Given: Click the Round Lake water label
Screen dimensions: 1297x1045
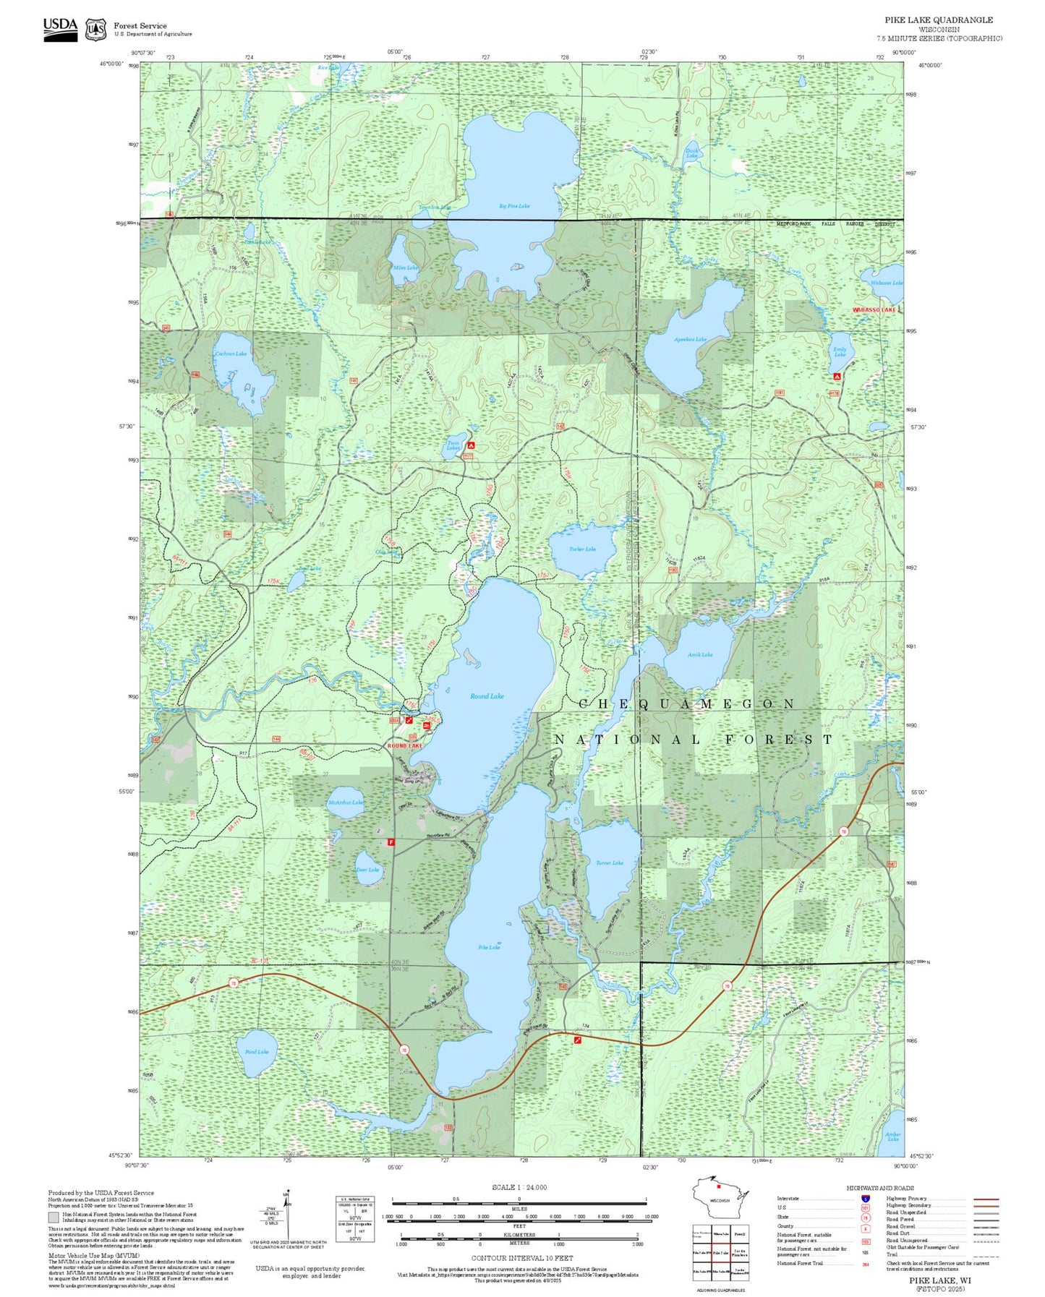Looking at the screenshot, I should (x=487, y=696).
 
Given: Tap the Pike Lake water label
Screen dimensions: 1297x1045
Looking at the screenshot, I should (x=489, y=947).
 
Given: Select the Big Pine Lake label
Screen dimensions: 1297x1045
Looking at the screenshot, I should (x=514, y=206).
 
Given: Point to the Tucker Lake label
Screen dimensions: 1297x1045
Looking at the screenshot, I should (x=582, y=549).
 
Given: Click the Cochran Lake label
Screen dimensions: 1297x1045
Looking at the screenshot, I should (x=231, y=354).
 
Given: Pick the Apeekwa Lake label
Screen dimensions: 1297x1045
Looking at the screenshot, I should (x=690, y=339).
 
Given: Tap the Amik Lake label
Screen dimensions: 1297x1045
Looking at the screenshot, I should (x=699, y=655).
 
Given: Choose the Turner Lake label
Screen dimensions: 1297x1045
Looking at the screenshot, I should (x=609, y=862).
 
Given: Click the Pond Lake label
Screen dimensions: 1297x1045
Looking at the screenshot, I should (x=257, y=1052).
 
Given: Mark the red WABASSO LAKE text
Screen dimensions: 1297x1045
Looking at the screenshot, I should (x=874, y=310).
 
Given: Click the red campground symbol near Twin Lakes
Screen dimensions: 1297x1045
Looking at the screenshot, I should (x=471, y=445).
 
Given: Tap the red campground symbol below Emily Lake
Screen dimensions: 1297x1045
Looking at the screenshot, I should (x=837, y=377).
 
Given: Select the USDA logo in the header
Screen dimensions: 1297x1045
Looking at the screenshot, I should (x=60, y=28).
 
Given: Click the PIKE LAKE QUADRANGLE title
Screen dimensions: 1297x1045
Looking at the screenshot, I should (x=939, y=20).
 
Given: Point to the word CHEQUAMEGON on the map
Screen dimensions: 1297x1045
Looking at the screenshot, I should (x=687, y=703).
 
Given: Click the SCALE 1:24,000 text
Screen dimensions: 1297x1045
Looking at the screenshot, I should (x=519, y=1187).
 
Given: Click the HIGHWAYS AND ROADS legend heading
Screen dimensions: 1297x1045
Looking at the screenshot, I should (x=879, y=1188).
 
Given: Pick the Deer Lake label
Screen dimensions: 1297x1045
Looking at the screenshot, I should (x=367, y=870).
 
